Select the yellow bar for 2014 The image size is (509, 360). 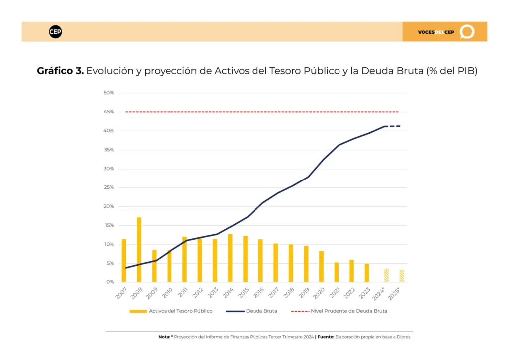pyautogui.click(x=230, y=258)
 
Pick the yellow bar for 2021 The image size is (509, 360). pyautogui.click(x=337, y=272)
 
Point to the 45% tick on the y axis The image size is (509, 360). pyautogui.click(x=109, y=112)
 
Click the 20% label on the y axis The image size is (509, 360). pyautogui.click(x=109, y=206)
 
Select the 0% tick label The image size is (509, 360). pyautogui.click(x=110, y=282)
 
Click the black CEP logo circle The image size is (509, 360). pyautogui.click(x=55, y=32)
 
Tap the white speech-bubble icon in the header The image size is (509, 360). pyautogui.click(x=467, y=32)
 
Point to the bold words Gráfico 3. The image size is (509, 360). pyautogui.click(x=60, y=71)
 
